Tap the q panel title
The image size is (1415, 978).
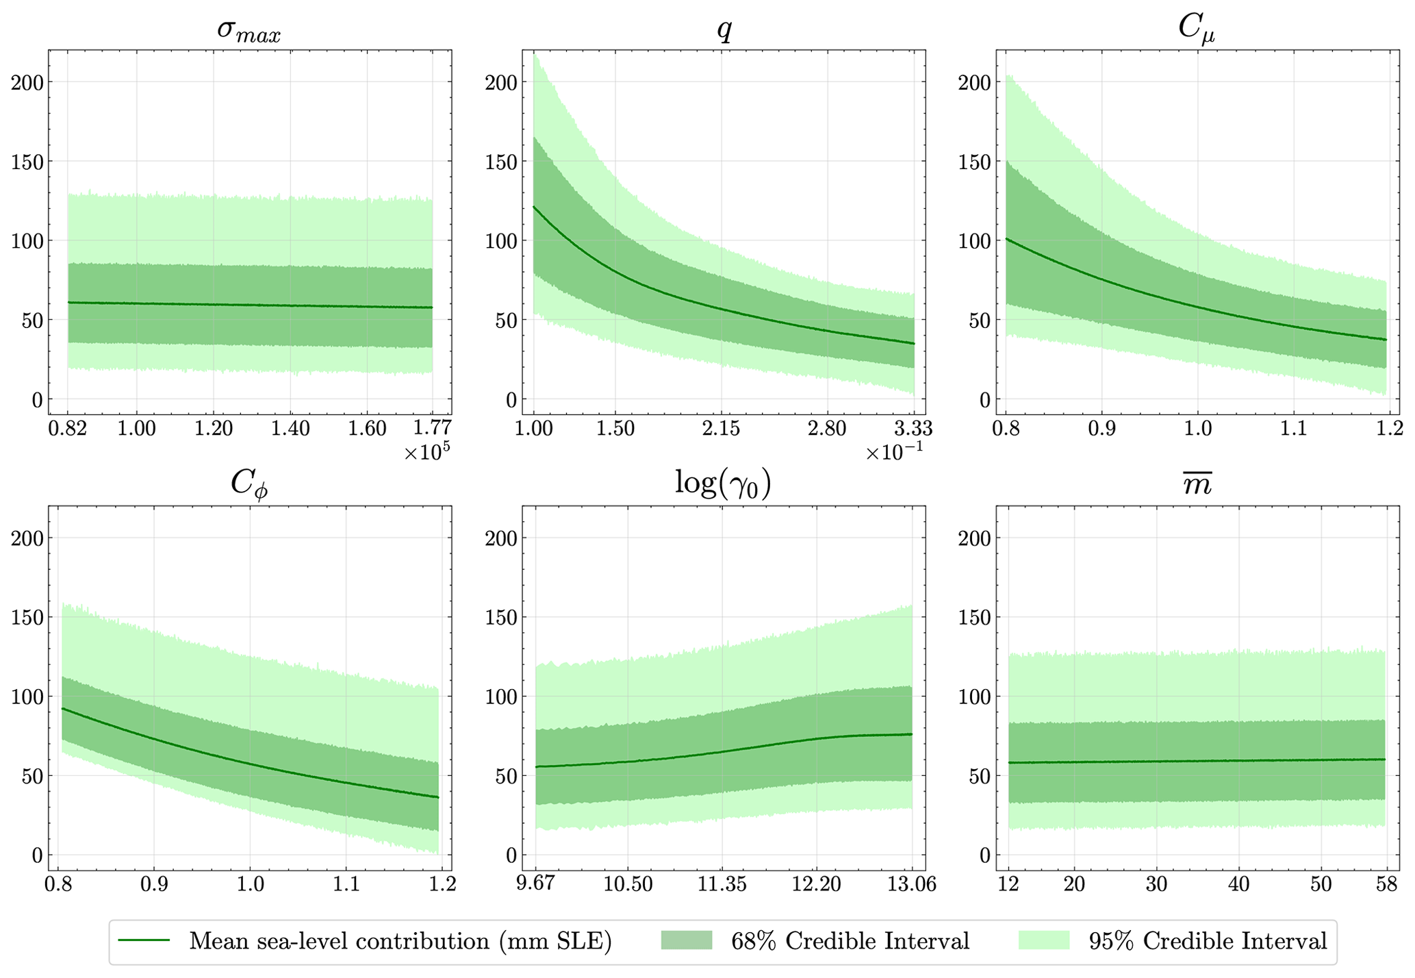pos(724,30)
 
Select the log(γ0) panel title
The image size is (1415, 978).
pos(723,484)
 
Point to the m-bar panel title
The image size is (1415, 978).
pos(1197,485)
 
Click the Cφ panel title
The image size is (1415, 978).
pos(249,484)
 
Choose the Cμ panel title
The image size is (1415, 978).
pos(1197,30)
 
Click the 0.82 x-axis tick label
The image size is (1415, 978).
pos(68,429)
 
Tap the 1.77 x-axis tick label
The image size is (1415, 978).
pos(432,429)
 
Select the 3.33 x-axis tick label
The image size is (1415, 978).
pos(913,429)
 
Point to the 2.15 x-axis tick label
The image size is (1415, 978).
pos(722,429)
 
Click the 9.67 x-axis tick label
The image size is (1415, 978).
pos(535,884)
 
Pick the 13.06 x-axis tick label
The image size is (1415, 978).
pos(912,884)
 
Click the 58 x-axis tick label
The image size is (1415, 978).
pos(1386,884)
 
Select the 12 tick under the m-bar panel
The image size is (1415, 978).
pos(1008,884)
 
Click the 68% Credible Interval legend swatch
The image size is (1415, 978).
pos(687,940)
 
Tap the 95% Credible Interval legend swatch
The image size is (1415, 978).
pos(1044,940)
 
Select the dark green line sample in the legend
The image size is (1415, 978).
pos(144,940)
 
